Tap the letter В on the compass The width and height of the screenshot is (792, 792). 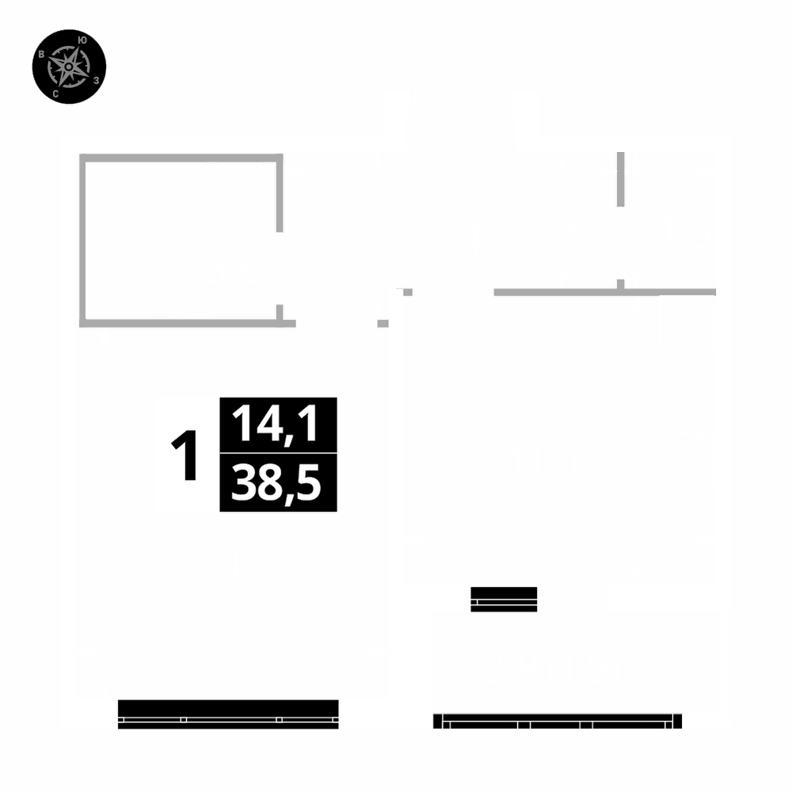pyautogui.click(x=41, y=55)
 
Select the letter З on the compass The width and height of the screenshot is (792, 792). pyautogui.click(x=96, y=80)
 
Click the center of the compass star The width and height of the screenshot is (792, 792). pyautogui.click(x=69, y=67)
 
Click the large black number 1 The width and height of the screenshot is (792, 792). pyautogui.click(x=185, y=457)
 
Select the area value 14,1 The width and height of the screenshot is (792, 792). pyautogui.click(x=278, y=425)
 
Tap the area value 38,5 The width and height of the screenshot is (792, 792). pyautogui.click(x=278, y=483)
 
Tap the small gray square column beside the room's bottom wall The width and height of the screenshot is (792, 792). pyautogui.click(x=383, y=323)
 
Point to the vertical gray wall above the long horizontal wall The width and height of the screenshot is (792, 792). pyautogui.click(x=620, y=179)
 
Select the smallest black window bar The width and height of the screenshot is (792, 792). pyautogui.click(x=505, y=599)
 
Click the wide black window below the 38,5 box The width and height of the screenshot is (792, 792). pyautogui.click(x=228, y=714)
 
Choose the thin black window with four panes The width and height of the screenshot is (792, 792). pyautogui.click(x=558, y=721)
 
